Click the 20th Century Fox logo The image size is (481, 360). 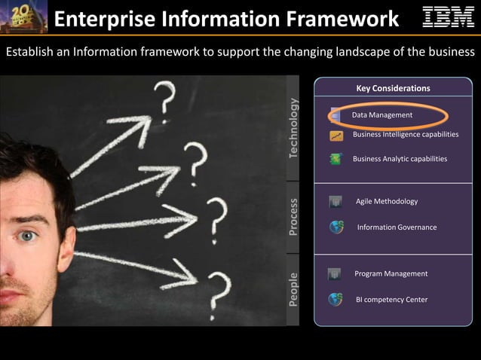(23, 17)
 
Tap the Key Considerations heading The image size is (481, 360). (393, 88)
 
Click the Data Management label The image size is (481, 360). (382, 114)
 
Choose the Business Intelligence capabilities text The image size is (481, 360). (405, 134)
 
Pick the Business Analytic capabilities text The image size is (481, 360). (400, 159)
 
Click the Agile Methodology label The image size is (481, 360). (386, 201)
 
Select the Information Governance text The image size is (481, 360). (397, 227)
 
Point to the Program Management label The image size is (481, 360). (391, 273)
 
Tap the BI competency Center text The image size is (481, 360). (391, 299)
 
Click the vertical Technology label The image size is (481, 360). (293, 129)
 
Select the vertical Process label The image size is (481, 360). (293, 216)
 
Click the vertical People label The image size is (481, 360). (293, 289)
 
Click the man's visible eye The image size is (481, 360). (28, 236)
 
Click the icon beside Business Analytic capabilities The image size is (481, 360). (336, 159)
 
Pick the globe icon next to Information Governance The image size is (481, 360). (336, 227)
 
